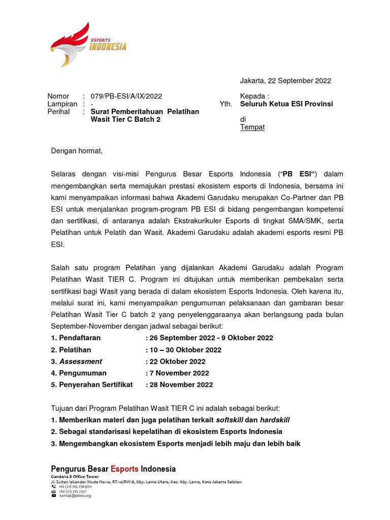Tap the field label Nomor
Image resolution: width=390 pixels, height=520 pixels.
click(58, 96)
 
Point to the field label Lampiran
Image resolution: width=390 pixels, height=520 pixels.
click(61, 104)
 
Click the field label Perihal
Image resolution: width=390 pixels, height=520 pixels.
click(58, 111)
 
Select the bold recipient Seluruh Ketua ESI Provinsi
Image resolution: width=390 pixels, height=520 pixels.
click(286, 104)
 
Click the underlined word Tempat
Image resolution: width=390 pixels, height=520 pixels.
click(252, 127)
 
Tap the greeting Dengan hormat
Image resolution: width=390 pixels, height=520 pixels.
click(77, 151)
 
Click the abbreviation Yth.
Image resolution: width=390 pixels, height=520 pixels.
click(225, 104)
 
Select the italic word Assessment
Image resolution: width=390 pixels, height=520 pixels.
click(81, 362)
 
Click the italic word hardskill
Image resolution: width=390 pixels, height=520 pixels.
click(275, 420)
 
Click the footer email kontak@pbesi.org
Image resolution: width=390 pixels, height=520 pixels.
click(75, 495)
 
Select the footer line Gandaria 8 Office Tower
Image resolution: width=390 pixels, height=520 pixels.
click(74, 477)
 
